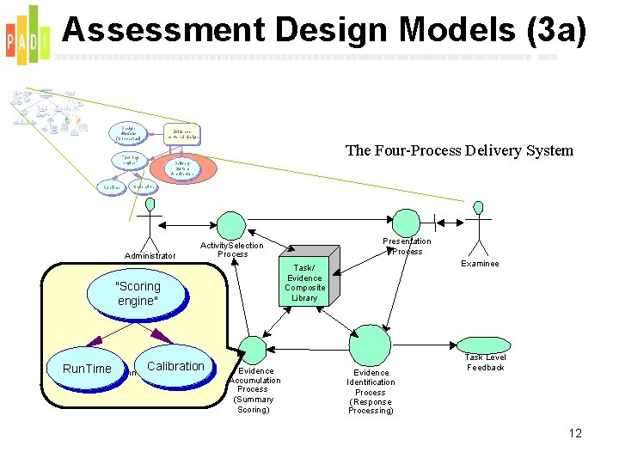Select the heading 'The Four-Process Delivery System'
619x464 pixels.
tap(459, 151)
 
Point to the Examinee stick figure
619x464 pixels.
tap(479, 227)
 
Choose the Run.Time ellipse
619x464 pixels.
tap(87, 369)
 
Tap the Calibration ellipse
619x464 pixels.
tap(175, 366)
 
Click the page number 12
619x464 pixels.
tap(575, 433)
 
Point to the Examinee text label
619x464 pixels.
tap(480, 264)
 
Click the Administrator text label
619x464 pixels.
tap(150, 255)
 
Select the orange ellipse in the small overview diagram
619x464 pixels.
tap(182, 167)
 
